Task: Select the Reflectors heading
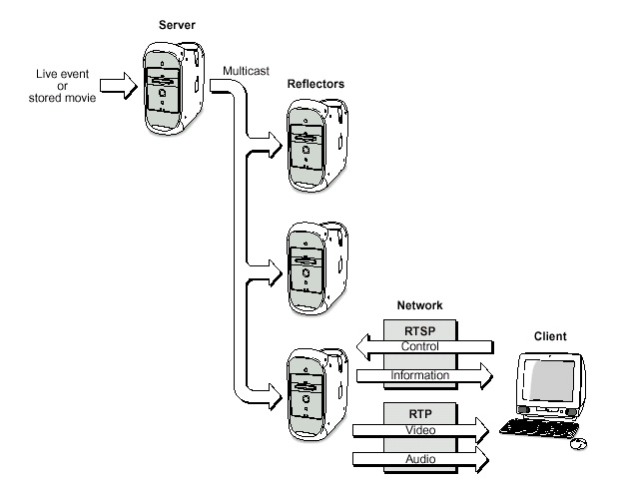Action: [x=315, y=85]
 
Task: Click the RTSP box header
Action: [x=419, y=329]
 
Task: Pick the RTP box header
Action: [x=419, y=412]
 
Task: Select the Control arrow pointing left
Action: [x=419, y=346]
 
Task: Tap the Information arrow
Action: [x=419, y=376]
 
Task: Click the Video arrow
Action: [x=419, y=429]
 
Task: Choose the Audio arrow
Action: [x=419, y=458]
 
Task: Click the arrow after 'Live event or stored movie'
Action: [x=117, y=87]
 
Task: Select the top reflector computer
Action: [x=311, y=144]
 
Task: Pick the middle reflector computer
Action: [x=311, y=264]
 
